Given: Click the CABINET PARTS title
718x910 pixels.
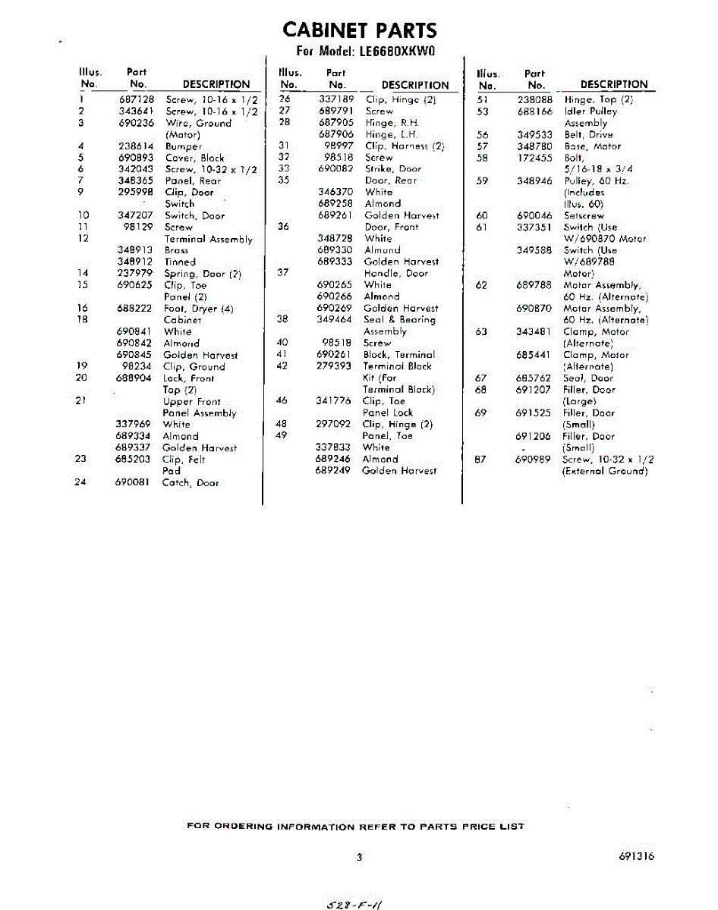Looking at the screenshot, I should click(359, 30).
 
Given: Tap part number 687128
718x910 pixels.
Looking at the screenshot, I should click(137, 99).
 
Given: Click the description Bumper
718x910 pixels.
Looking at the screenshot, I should click(183, 146).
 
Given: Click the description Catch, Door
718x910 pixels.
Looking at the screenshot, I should click(191, 482).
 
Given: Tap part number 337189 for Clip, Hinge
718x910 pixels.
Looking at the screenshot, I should click(336, 99).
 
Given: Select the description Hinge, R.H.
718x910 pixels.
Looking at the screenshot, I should click(392, 122).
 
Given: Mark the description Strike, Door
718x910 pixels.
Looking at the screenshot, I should click(392, 169).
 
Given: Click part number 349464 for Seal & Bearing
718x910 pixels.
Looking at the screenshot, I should click(334, 320).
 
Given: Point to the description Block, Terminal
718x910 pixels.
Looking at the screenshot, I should click(399, 354).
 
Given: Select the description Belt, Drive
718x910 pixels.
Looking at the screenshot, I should click(588, 134).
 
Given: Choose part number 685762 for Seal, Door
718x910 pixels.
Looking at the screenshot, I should click(534, 378).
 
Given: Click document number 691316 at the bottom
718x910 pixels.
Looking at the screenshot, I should click(636, 856).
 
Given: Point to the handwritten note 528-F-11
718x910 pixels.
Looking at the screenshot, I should click(354, 903).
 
